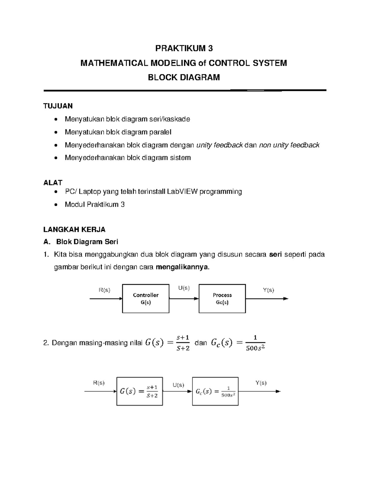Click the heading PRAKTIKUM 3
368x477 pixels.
[184, 49]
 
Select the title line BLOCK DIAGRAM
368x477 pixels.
[184, 77]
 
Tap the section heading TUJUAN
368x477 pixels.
[58, 106]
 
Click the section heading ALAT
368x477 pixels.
[53, 183]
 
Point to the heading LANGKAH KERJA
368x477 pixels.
[74, 229]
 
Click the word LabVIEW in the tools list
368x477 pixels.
[182, 192]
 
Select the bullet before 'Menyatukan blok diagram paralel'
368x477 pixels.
[55, 132]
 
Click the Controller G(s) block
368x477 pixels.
[146, 299]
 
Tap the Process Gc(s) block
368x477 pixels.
[222, 299]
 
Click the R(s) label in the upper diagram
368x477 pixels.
[104, 290]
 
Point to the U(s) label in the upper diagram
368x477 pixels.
[184, 288]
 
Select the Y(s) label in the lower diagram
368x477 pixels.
[261, 383]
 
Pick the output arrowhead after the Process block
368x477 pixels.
[286, 299]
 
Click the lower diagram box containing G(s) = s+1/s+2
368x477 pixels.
[140, 391]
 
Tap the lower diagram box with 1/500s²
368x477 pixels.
[215, 391]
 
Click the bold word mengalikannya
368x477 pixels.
[183, 267]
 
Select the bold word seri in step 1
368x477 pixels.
[275, 255]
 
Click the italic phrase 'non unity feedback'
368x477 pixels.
[289, 145]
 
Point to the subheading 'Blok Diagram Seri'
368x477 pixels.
[87, 242]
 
